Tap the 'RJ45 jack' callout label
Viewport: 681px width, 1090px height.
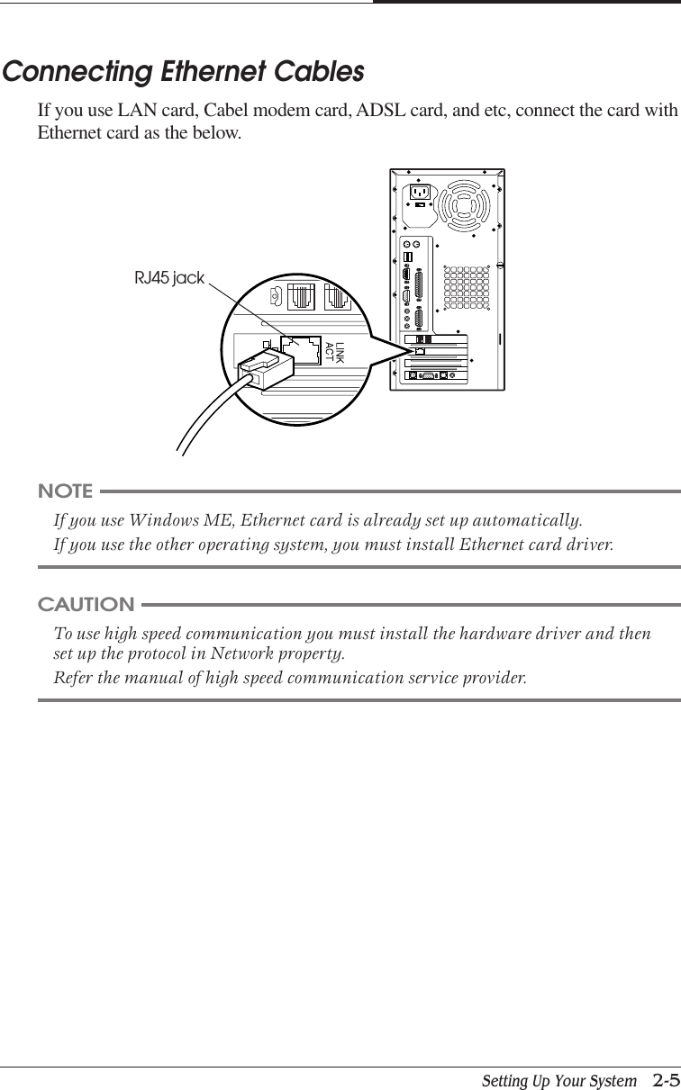(x=169, y=278)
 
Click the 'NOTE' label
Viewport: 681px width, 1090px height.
(x=65, y=491)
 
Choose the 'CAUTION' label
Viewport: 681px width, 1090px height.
(x=86, y=604)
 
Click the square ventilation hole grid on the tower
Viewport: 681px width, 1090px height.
(x=466, y=287)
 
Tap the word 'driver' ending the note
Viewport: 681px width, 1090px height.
(x=588, y=545)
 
